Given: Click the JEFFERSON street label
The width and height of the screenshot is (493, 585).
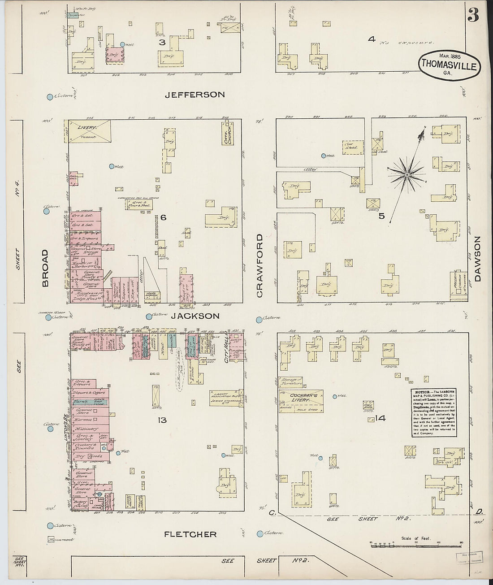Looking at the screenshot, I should [195, 95].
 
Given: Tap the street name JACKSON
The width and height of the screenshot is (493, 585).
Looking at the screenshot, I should [195, 316].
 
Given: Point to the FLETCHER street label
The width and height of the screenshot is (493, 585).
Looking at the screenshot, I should [190, 534].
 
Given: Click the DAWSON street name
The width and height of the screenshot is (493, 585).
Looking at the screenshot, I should [477, 259].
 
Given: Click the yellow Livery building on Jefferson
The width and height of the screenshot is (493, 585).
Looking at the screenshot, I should [89, 131].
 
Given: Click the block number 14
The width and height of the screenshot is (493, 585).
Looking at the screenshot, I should [381, 418].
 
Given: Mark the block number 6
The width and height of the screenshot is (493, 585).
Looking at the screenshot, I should [164, 217].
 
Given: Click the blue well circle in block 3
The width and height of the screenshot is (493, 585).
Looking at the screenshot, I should [122, 44].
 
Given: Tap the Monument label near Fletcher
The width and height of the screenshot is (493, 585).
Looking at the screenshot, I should [61, 540].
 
